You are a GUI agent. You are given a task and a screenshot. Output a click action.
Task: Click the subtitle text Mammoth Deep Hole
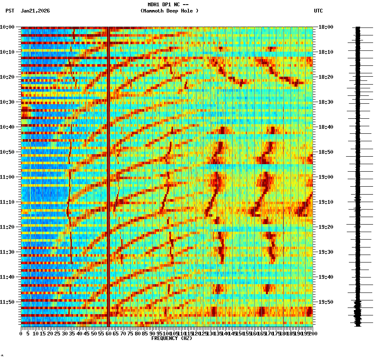tap(169, 11)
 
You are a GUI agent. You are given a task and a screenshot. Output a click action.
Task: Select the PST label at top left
tap(10, 11)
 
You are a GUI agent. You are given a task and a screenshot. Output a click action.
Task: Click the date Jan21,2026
tap(35, 11)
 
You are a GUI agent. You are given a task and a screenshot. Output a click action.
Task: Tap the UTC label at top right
tap(318, 11)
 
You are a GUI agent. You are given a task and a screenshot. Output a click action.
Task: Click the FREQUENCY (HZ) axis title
tap(171, 338)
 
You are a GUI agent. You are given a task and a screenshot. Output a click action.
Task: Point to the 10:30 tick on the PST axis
tap(7, 102)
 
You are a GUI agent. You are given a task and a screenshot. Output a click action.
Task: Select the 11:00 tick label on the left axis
tap(7, 177)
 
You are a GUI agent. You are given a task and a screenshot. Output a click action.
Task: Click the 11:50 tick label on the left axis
tap(7, 302)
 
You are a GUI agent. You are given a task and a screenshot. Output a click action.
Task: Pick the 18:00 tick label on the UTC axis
tap(326, 27)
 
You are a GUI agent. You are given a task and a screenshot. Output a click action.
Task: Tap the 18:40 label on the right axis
tap(326, 127)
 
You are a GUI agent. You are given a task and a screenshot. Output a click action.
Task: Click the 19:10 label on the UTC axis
tap(326, 202)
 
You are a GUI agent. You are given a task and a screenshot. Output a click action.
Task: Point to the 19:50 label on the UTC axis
tap(326, 302)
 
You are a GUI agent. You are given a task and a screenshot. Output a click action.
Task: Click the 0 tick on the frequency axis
tap(21, 333)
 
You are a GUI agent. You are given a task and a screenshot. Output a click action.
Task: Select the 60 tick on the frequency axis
tap(108, 333)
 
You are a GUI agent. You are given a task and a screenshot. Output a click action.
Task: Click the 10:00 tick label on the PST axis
tap(7, 27)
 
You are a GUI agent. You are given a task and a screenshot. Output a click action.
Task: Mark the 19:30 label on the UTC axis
tap(326, 252)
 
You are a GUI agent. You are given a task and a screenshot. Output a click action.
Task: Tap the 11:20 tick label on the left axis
tap(7, 227)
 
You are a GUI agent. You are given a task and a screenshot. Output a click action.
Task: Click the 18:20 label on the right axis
tap(326, 77)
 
